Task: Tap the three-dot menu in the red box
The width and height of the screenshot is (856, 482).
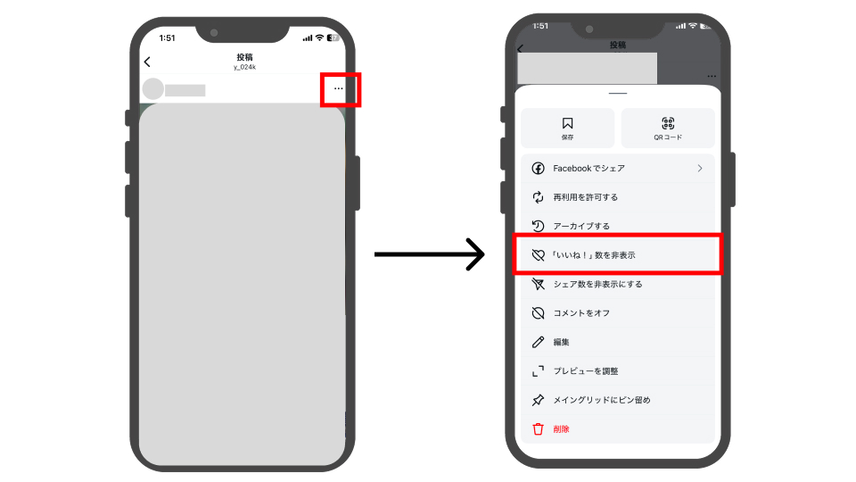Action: click(x=339, y=88)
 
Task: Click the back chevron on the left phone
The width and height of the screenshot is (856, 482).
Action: click(x=147, y=62)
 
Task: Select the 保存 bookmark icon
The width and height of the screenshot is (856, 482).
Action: click(x=568, y=123)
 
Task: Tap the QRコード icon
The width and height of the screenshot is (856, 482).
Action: click(x=668, y=123)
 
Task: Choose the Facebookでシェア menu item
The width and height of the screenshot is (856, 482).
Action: click(x=588, y=169)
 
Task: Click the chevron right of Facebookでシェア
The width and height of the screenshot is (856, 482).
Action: click(x=700, y=169)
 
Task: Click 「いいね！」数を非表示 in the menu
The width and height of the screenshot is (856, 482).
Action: click(x=594, y=255)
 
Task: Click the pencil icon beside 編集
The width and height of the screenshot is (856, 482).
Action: click(x=539, y=342)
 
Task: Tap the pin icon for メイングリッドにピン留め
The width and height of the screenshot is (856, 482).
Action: click(x=539, y=400)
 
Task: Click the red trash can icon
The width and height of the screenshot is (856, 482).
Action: click(x=539, y=429)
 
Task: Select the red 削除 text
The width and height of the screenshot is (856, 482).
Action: click(x=561, y=429)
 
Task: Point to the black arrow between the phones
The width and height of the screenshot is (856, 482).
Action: click(x=430, y=254)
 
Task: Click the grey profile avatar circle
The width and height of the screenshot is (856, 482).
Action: click(x=153, y=89)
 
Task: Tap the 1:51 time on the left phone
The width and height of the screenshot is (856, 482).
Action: click(x=167, y=37)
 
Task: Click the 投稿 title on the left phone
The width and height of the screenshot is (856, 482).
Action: click(x=244, y=57)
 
